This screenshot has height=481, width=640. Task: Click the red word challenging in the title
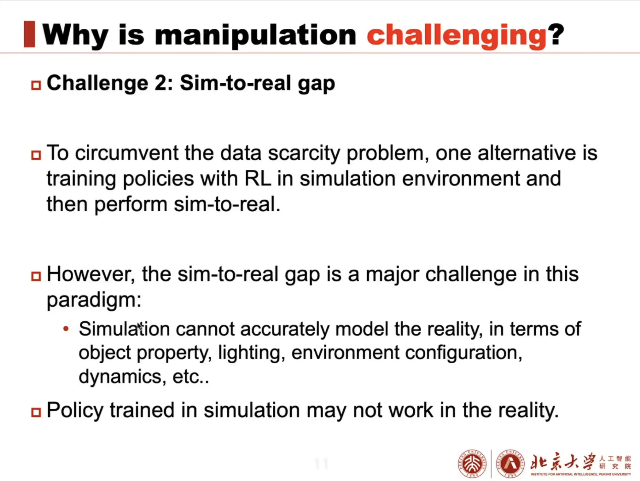pyautogui.click(x=457, y=36)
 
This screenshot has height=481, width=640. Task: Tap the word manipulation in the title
pyautogui.click(x=256, y=36)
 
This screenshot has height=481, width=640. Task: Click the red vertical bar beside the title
pyautogui.click(x=29, y=34)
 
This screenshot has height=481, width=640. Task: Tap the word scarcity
pyautogui.click(x=304, y=154)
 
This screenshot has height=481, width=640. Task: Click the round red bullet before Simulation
pyautogui.click(x=66, y=329)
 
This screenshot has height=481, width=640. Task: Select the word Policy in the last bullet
pyautogui.click(x=75, y=410)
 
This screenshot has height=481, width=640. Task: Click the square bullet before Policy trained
pyautogui.click(x=36, y=412)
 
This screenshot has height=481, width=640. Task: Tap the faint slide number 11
pyautogui.click(x=321, y=464)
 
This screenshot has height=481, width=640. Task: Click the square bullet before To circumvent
pyautogui.click(x=36, y=155)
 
